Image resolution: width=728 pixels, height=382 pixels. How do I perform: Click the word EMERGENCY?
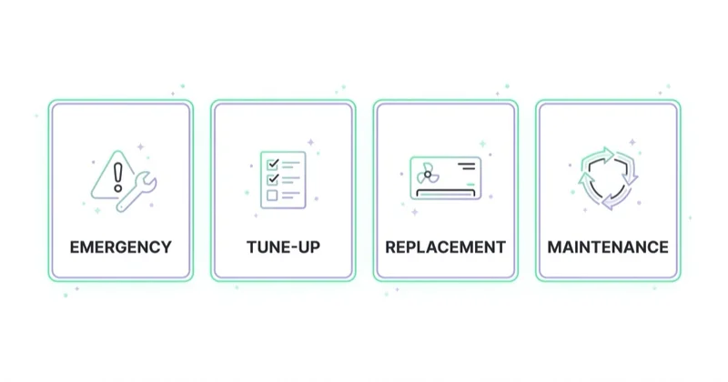coord(121,246)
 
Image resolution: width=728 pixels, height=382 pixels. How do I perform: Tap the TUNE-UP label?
coord(283,246)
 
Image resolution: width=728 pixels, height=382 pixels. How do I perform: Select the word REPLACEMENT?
coord(445,246)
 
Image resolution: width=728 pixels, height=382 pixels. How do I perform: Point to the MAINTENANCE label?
coord(608,246)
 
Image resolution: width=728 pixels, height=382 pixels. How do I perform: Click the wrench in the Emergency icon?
coord(136,192)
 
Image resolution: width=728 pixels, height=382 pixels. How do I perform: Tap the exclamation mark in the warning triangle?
coord(118,176)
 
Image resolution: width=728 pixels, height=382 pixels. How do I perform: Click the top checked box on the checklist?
coord(272,165)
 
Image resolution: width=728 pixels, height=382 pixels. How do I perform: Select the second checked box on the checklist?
coord(272,179)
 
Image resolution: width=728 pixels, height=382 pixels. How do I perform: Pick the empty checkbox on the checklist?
coord(272,196)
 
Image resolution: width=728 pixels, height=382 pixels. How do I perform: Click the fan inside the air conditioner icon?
coord(428,175)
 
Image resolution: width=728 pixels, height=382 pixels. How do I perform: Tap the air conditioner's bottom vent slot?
coord(445,193)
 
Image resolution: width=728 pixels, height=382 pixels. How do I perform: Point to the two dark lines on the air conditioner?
coord(467,166)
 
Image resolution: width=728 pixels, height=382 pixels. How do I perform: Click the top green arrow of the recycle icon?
coord(599,156)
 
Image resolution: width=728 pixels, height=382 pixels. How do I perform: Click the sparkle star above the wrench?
coord(140,147)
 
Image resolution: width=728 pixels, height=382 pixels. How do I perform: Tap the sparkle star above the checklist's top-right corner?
coord(310,142)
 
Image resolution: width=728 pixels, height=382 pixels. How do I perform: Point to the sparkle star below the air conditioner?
coord(415,212)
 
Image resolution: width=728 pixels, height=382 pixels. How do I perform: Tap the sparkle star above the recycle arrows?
coord(632,142)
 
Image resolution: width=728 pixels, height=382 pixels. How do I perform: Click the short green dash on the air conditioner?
coord(470,185)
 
